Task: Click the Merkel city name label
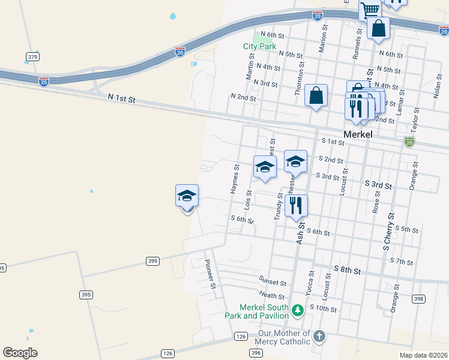tap(358, 135)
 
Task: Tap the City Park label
tap(259, 46)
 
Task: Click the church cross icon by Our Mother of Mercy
tap(319, 336)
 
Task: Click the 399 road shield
tap(152, 261)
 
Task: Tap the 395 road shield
tap(86, 294)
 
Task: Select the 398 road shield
tap(418, 299)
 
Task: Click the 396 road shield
tap(256, 353)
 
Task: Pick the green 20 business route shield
tap(409, 142)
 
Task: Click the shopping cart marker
tap(370, 10)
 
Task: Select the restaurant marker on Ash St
tap(296, 205)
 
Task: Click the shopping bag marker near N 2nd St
tap(316, 95)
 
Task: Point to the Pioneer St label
tap(209, 274)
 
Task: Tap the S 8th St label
tap(348, 271)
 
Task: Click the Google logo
tap(20, 353)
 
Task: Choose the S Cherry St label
tap(388, 231)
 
